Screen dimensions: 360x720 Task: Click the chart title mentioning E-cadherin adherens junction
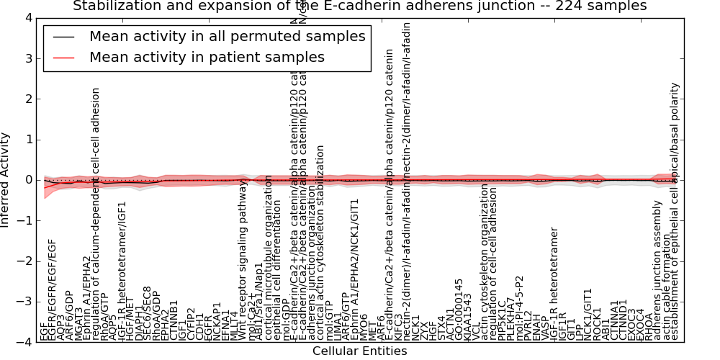[360, 6]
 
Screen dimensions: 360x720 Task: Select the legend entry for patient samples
[207, 57]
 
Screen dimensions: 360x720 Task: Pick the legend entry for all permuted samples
[227, 37]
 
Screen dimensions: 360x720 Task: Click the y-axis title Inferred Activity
[6, 180]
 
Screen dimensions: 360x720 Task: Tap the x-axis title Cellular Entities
[359, 351]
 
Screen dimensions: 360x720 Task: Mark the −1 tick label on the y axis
[24, 220]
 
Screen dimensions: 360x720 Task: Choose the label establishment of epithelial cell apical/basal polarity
[675, 212]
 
